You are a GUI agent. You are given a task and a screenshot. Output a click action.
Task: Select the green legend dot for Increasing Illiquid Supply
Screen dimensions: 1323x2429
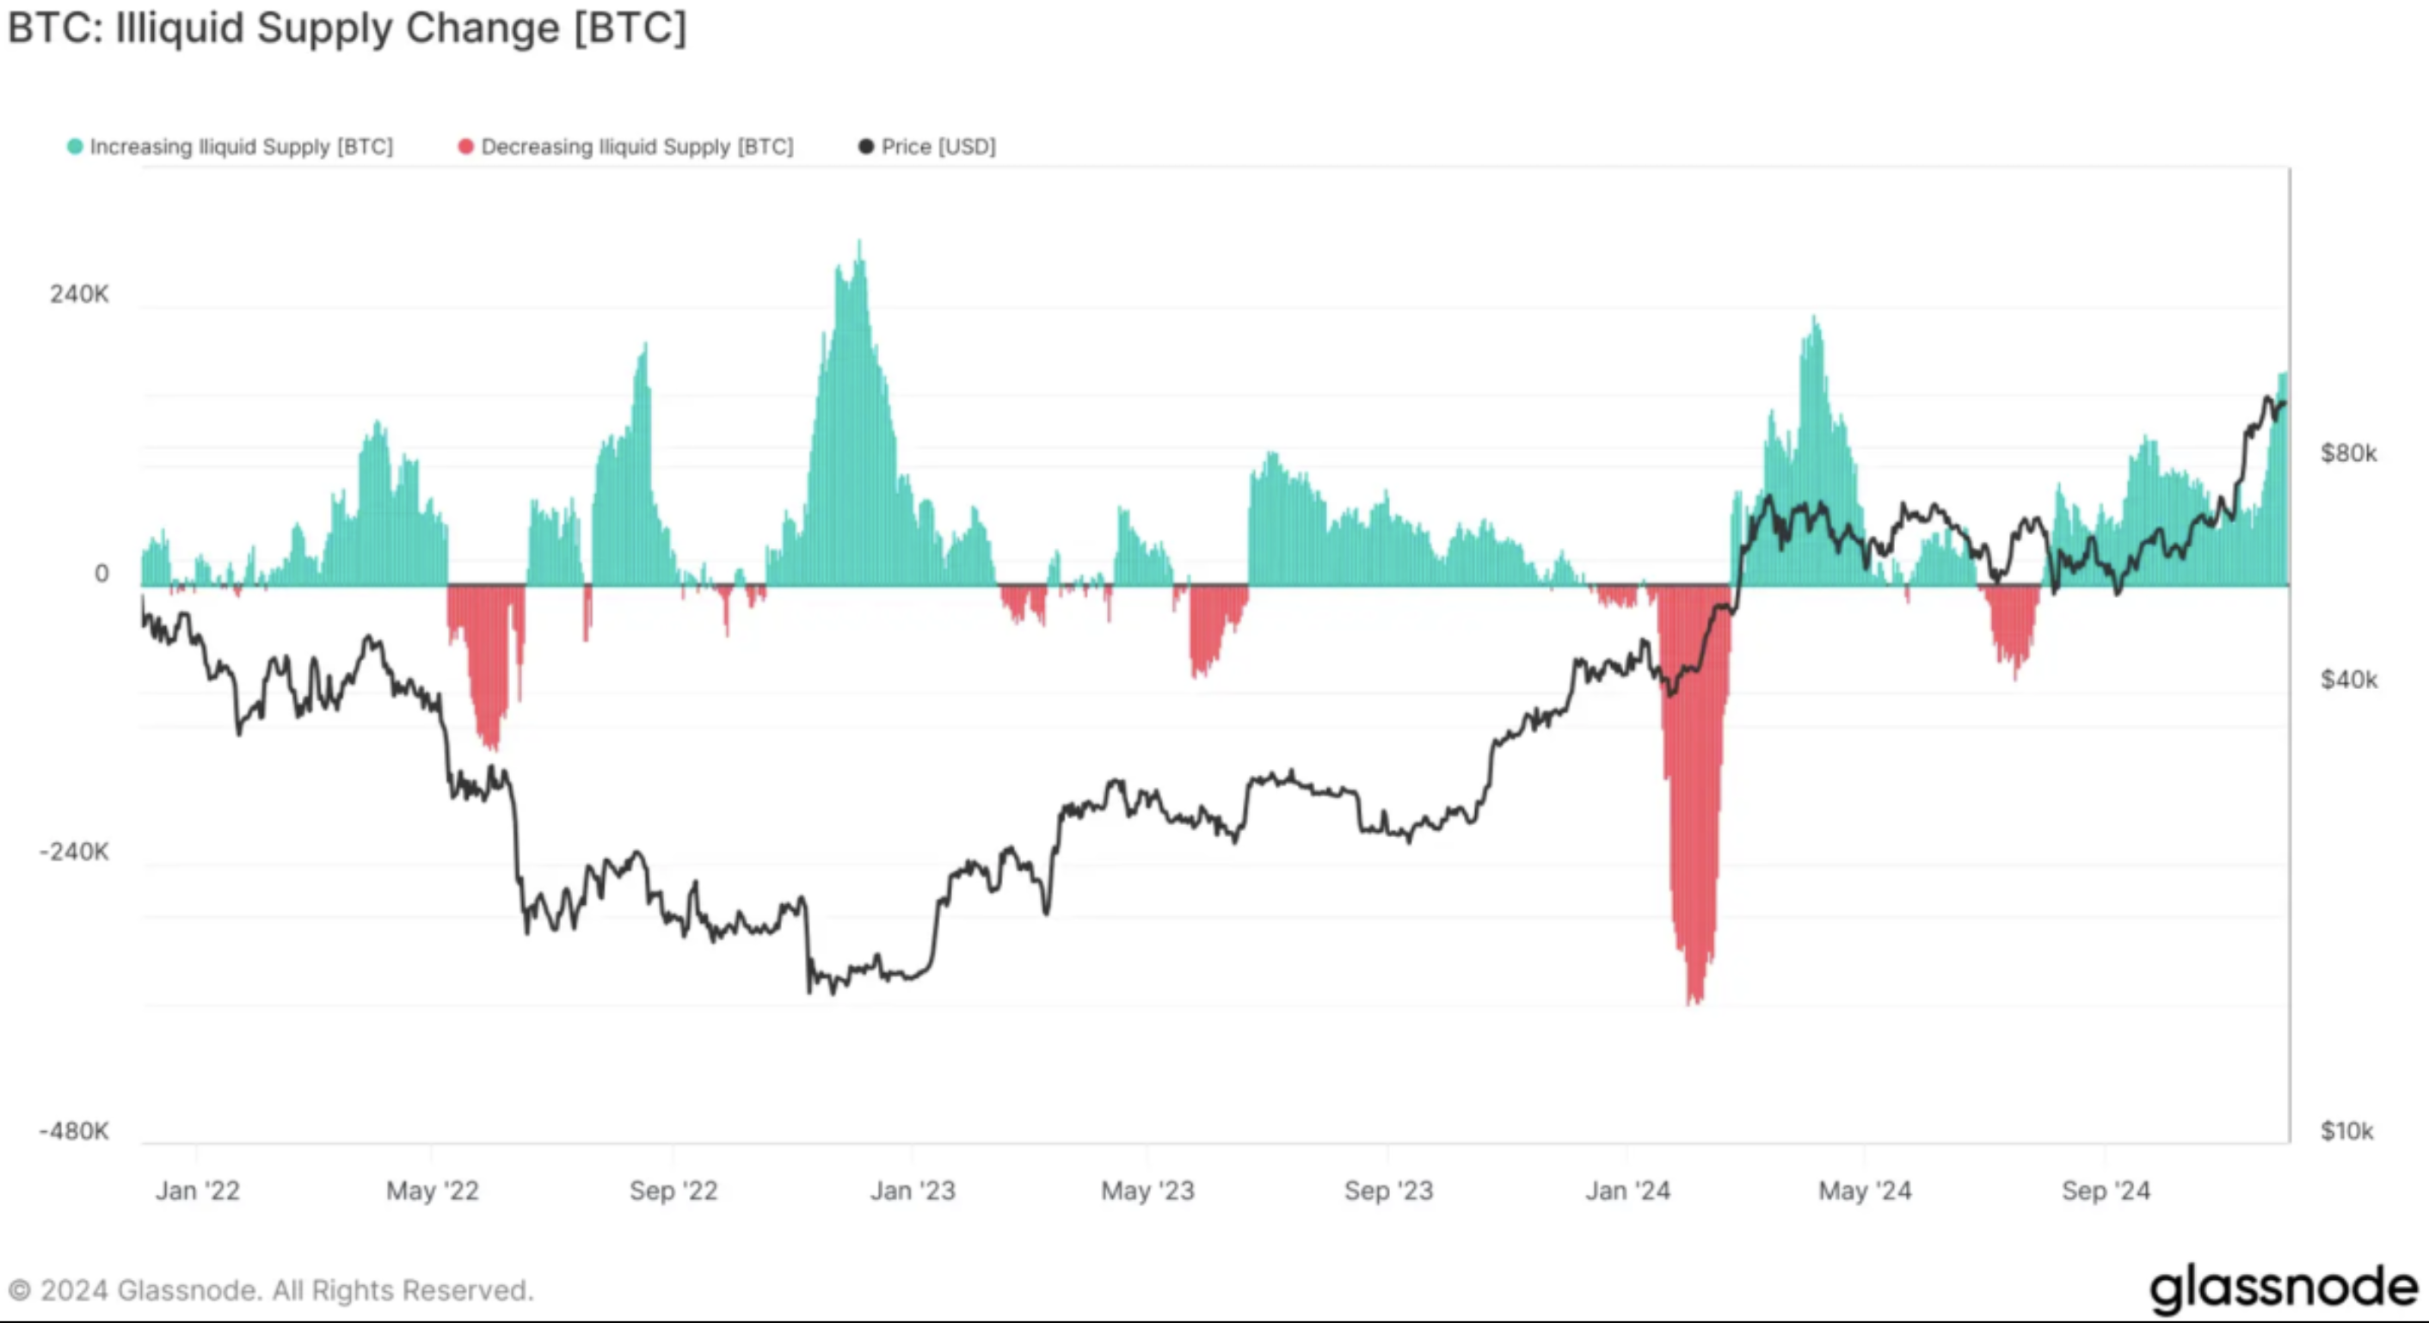(75, 147)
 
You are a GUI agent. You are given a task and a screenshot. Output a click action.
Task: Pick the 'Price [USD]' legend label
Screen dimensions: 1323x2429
(938, 147)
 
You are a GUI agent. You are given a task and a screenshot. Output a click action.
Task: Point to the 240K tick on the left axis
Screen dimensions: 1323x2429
(79, 294)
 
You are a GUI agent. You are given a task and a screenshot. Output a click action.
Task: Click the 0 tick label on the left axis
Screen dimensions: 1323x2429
(101, 574)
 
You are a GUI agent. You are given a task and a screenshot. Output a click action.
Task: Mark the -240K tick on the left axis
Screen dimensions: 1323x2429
(75, 852)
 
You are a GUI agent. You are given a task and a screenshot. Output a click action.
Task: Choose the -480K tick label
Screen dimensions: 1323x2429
(75, 1130)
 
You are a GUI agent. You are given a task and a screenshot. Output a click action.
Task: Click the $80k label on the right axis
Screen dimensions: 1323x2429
(2348, 453)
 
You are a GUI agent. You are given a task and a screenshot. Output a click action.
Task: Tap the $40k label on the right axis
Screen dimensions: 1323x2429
(2348, 680)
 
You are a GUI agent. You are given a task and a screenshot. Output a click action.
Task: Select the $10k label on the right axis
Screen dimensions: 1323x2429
(2346, 1130)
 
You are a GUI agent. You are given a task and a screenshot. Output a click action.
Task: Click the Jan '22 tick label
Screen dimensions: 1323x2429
(197, 1191)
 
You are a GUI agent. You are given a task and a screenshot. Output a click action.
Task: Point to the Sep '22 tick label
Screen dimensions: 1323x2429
(673, 1191)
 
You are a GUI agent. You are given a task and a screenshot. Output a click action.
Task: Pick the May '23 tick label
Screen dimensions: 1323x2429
(1147, 1191)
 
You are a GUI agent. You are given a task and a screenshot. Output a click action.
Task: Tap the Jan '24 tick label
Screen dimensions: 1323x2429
(1627, 1191)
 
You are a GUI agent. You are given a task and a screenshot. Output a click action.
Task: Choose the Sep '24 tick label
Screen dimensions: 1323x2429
(2106, 1191)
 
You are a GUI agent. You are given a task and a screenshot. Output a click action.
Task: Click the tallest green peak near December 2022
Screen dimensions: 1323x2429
(858, 243)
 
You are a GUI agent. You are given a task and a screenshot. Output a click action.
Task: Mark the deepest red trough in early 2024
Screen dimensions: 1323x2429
(1694, 1001)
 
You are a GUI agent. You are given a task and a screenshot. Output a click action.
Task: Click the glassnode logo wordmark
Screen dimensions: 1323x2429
(2283, 1288)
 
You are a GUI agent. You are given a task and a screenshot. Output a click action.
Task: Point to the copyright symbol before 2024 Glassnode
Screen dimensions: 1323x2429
(19, 1290)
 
